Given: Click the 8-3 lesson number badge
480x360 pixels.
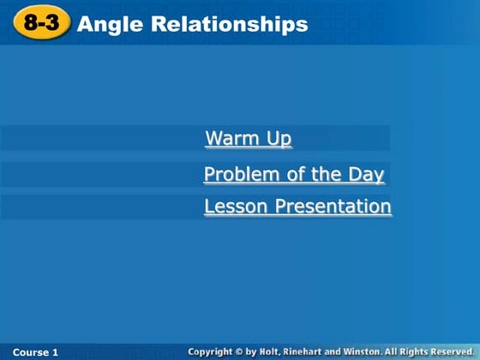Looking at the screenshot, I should click(x=41, y=24).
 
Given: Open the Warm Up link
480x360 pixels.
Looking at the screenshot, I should click(x=249, y=139).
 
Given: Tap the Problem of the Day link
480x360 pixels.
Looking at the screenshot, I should click(x=294, y=175).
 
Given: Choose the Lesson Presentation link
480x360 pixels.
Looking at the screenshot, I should click(x=297, y=207).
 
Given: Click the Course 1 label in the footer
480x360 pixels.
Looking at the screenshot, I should click(x=36, y=352).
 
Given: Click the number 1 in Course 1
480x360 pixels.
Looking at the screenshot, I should click(x=56, y=352).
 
